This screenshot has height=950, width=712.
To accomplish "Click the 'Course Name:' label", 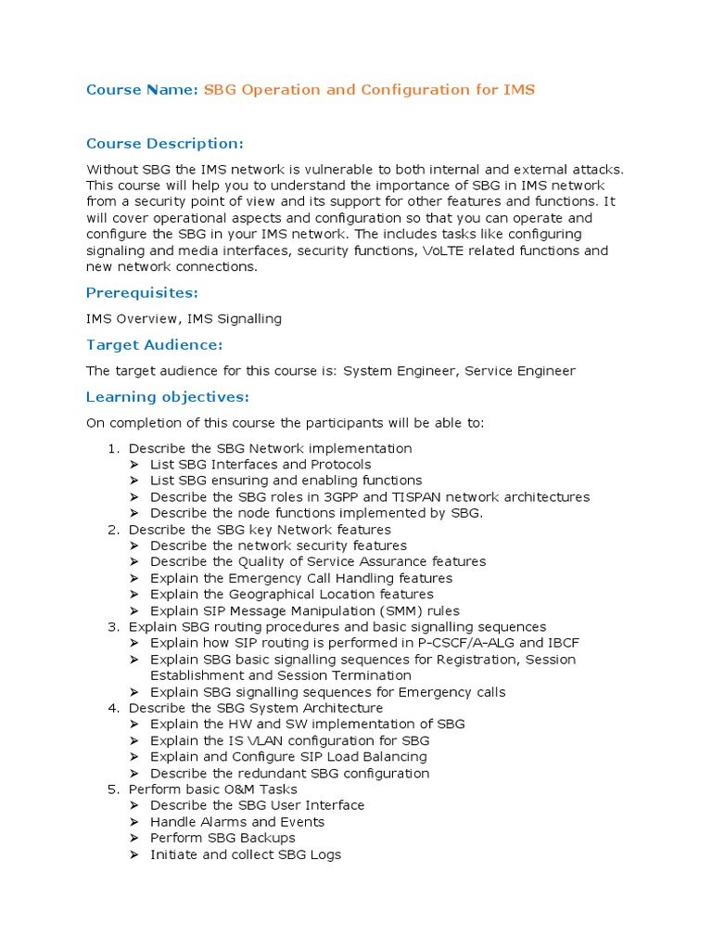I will click(142, 90).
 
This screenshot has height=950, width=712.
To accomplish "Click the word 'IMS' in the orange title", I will click(519, 90).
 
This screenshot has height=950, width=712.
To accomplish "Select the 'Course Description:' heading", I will click(164, 144).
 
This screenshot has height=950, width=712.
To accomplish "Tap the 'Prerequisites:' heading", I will click(141, 294).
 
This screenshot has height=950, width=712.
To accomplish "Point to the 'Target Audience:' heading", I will click(154, 345).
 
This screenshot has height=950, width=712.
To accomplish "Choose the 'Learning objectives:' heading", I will click(167, 397).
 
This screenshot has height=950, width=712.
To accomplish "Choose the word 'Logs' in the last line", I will click(324, 854).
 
